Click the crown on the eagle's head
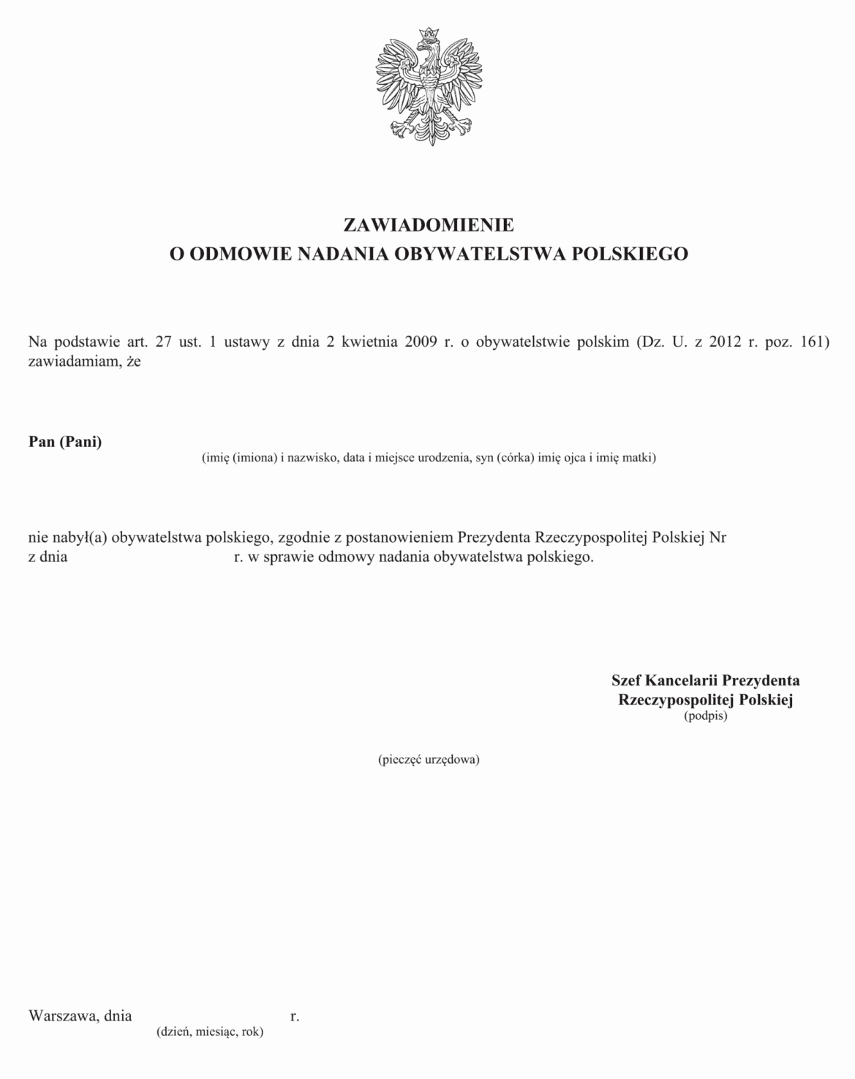pyautogui.click(x=428, y=35)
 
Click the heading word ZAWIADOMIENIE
pyautogui.click(x=428, y=224)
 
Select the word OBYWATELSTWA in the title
pyautogui.click(x=480, y=254)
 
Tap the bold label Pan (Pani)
pyautogui.click(x=65, y=442)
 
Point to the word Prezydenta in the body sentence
pyautogui.click(x=494, y=538)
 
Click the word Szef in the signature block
pyautogui.click(x=626, y=680)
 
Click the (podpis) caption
pyautogui.click(x=705, y=716)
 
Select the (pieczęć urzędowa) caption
pyautogui.click(x=429, y=759)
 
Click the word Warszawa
pyautogui.click(x=61, y=1015)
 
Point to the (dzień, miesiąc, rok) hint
pyautogui.click(x=210, y=1032)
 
